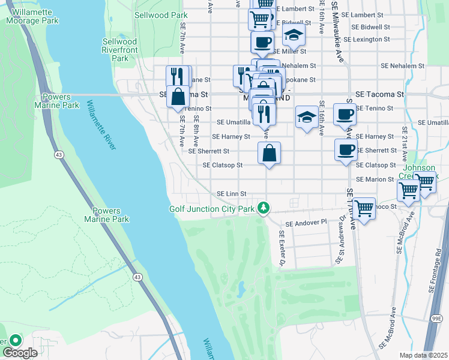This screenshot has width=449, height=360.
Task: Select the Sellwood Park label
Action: [x=152, y=15]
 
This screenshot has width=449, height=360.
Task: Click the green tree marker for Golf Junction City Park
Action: [x=262, y=208]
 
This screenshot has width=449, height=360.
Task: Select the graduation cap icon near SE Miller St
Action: [x=294, y=35]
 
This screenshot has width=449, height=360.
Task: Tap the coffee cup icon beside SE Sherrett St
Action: [x=345, y=150]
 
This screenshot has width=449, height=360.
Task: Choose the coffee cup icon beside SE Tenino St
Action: [x=344, y=115]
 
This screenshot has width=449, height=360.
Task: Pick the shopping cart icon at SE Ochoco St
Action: [x=364, y=208]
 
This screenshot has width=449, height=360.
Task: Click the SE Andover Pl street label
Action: [x=306, y=223]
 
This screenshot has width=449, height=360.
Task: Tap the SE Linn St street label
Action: [x=232, y=193]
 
